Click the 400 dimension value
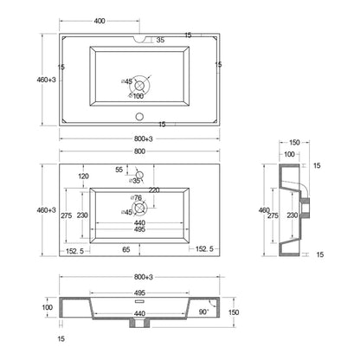pyautogui.click(x=100, y=21)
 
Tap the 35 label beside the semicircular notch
pyautogui.click(x=160, y=40)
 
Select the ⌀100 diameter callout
pyautogui.click(x=136, y=96)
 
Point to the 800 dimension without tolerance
pyautogui.click(x=139, y=151)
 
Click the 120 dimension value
pyautogui.click(x=83, y=177)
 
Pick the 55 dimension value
pyautogui.click(x=119, y=170)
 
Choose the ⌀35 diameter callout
pyautogui.click(x=135, y=181)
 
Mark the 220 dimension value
pyautogui.click(x=154, y=190)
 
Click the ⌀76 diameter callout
pyautogui.click(x=136, y=198)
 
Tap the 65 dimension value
pyautogui.click(x=126, y=249)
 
